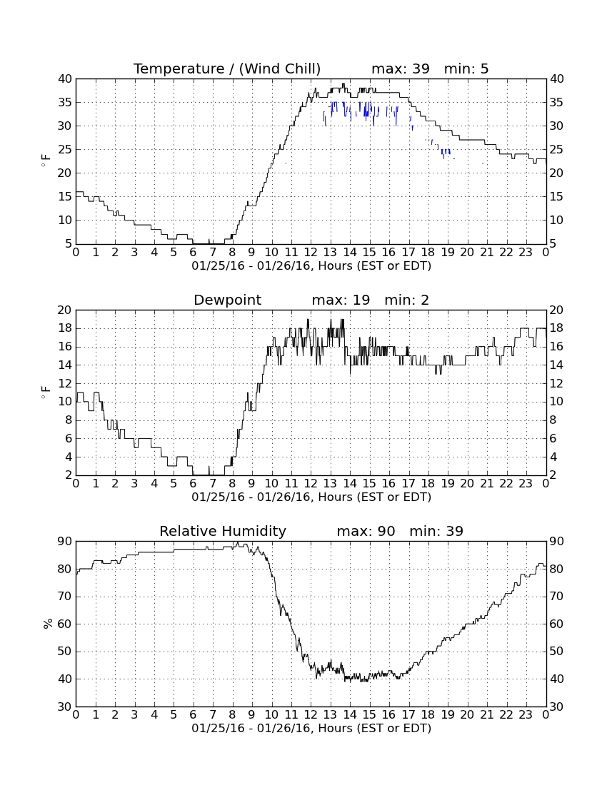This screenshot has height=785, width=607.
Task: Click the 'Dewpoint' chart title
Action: pyautogui.click(x=227, y=300)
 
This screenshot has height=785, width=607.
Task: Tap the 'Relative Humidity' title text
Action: pyautogui.click(x=222, y=531)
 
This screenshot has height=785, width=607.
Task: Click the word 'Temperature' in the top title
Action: pyautogui.click(x=179, y=69)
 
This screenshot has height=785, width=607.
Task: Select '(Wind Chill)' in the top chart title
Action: pyautogui.click(x=279, y=69)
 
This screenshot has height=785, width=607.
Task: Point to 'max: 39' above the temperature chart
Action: pyautogui.click(x=401, y=69)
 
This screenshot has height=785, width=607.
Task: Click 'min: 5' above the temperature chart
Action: pyautogui.click(x=466, y=69)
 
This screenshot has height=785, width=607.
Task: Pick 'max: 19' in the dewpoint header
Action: pyautogui.click(x=341, y=300)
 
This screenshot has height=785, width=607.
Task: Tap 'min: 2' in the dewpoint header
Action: pyautogui.click(x=406, y=300)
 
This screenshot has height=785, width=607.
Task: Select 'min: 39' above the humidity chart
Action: pyautogui.click(x=436, y=531)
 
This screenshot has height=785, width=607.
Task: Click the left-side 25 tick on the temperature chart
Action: pyautogui.click(x=64, y=150)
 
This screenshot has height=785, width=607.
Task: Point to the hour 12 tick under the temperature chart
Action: pyautogui.click(x=311, y=252)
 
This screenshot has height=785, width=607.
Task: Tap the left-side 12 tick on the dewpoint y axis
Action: pyautogui.click(x=64, y=383)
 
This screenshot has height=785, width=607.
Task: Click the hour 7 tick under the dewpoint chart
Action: pyautogui.click(x=213, y=483)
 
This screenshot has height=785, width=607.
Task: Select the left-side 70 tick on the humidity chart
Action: pyautogui.click(x=64, y=597)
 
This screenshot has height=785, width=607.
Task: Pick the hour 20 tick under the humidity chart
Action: pyautogui.click(x=467, y=714)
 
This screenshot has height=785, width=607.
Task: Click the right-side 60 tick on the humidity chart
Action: pyautogui.click(x=557, y=624)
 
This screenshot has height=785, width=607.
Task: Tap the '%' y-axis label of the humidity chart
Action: pyautogui.click(x=48, y=624)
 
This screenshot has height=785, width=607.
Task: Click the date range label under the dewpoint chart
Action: pyautogui.click(x=311, y=497)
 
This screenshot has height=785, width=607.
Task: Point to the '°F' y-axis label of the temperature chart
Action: pyautogui.click(x=46, y=161)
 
